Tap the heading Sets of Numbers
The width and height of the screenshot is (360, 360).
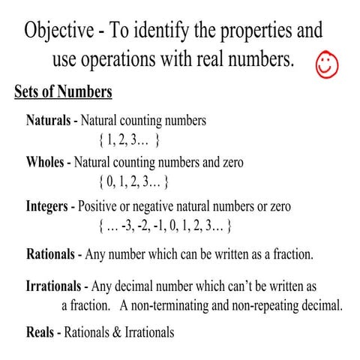(63, 92)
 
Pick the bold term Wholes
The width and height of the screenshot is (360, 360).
(46, 162)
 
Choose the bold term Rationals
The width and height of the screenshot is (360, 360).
(52, 253)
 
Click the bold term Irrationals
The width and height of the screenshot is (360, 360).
(56, 286)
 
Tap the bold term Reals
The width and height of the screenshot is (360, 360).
(40, 331)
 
